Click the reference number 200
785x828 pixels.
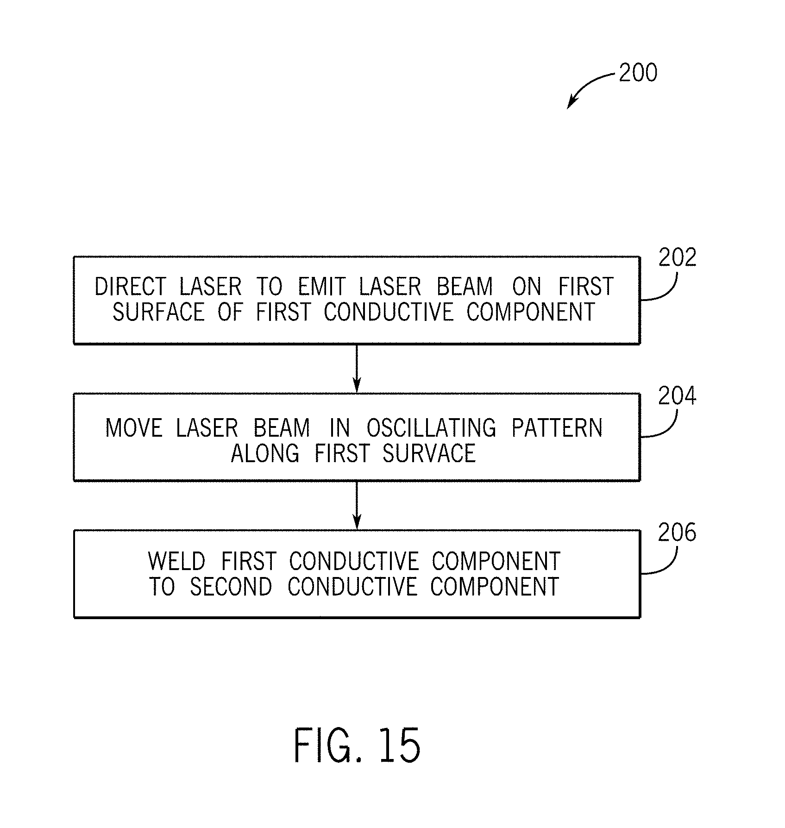pyautogui.click(x=638, y=74)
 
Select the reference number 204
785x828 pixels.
pyautogui.click(x=678, y=397)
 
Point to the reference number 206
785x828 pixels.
pyautogui.click(x=677, y=533)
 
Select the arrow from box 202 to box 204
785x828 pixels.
pyautogui.click(x=357, y=368)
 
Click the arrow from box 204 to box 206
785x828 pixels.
pyautogui.click(x=357, y=505)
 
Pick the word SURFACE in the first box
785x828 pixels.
pyautogui.click(x=158, y=312)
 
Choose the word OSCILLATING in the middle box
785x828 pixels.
pyautogui.click(x=432, y=428)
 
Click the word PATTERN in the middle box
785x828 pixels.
pyautogui.click(x=557, y=428)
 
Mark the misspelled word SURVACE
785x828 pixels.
pyautogui.click(x=429, y=453)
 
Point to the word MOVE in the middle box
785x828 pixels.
pyautogui.click(x=134, y=428)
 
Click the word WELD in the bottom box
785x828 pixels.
pyautogui.click(x=176, y=562)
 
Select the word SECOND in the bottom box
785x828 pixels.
pyautogui.click(x=231, y=587)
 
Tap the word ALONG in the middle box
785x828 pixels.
pyautogui.click(x=265, y=453)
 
